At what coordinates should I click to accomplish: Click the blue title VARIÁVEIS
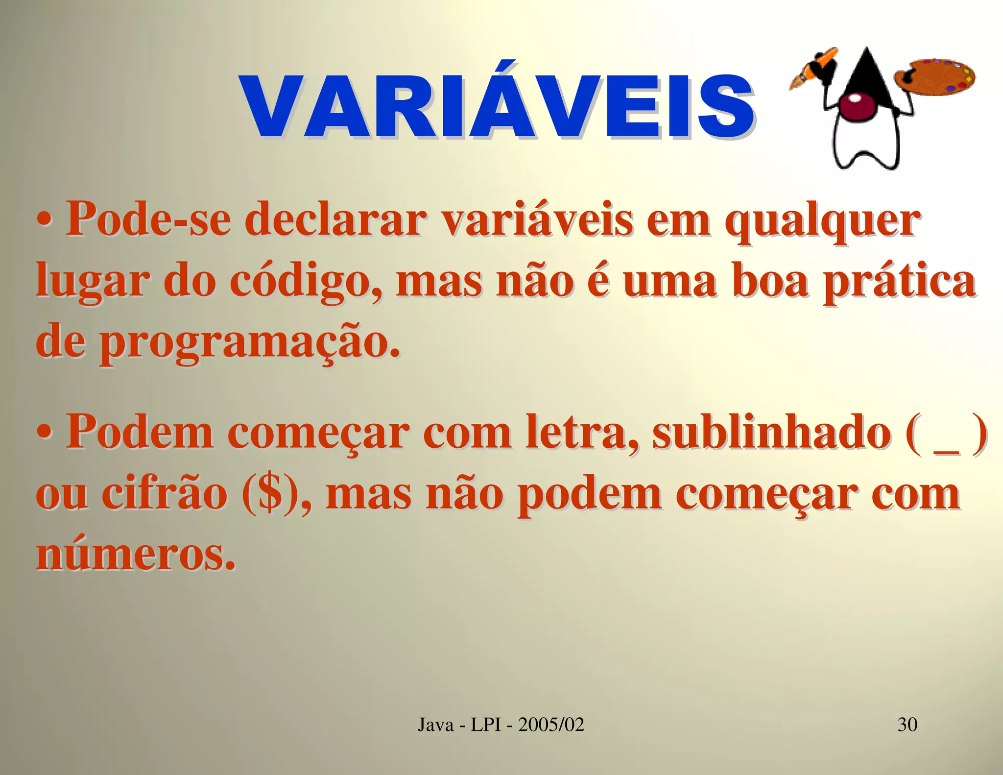coord(497,107)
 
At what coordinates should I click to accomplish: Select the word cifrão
coord(165,494)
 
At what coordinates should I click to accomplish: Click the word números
coord(134,555)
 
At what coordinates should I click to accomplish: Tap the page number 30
coord(907,724)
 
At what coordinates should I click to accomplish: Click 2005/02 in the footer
coord(551,724)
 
